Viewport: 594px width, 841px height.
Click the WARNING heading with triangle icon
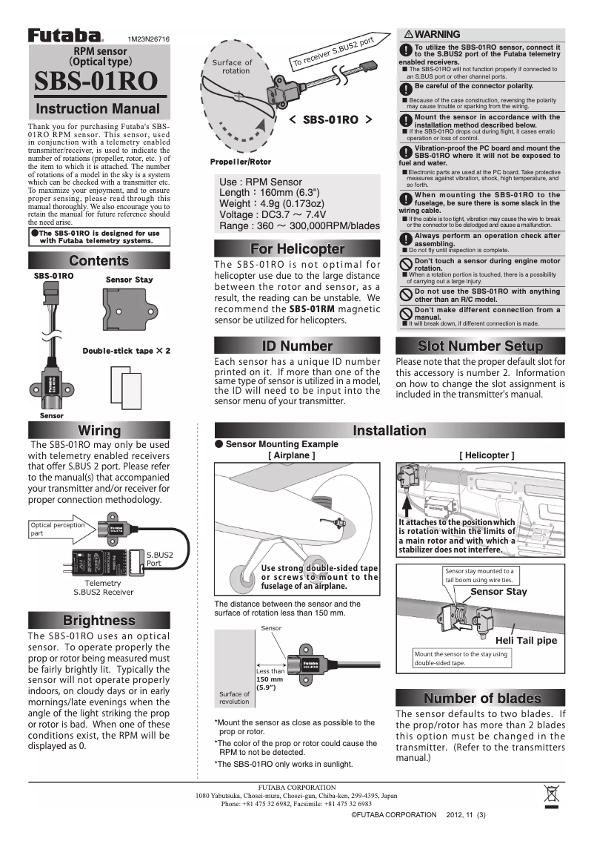click(433, 34)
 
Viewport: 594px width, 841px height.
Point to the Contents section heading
click(99, 261)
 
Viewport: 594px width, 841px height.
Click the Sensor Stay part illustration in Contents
click(130, 311)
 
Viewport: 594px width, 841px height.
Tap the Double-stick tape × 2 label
click(127, 350)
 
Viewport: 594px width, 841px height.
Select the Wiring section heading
click(99, 431)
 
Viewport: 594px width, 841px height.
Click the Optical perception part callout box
click(57, 529)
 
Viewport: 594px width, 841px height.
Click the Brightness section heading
click(99, 621)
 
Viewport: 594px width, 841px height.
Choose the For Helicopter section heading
click(297, 248)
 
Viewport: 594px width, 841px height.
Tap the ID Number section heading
click(297, 346)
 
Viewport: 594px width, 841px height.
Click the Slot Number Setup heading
click(480, 346)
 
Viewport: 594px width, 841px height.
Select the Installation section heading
click(389, 431)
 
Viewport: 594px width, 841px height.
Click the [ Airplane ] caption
click(291, 455)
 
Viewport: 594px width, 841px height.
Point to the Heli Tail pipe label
click(526, 640)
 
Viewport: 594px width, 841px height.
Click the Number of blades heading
click(480, 699)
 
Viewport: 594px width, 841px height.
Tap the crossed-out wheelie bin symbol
click(551, 795)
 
